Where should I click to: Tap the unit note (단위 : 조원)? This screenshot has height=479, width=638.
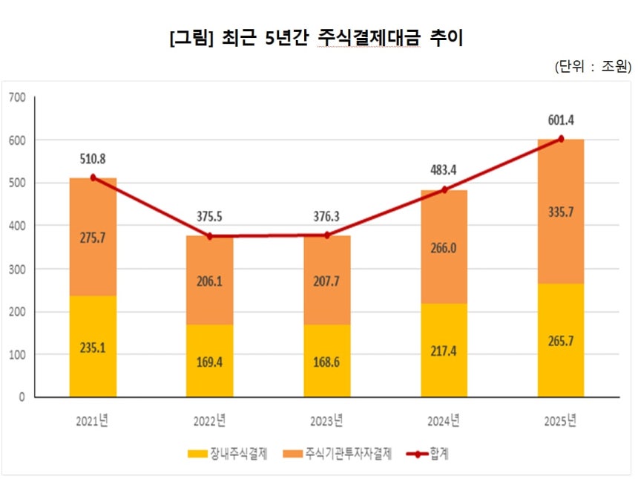tap(592, 66)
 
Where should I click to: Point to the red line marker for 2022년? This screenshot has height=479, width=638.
tap(210, 236)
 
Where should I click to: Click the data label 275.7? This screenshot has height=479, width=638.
tap(93, 238)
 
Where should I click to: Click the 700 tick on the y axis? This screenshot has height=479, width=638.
tap(16, 97)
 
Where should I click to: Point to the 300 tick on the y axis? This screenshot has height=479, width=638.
tap(16, 269)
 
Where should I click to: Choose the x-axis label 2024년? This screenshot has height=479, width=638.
tap(444, 421)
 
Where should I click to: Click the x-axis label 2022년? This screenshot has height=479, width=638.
tap(210, 421)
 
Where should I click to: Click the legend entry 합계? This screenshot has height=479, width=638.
tap(429, 453)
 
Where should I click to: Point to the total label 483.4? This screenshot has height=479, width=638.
tap(444, 170)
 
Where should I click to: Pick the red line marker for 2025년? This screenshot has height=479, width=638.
tap(561, 139)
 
